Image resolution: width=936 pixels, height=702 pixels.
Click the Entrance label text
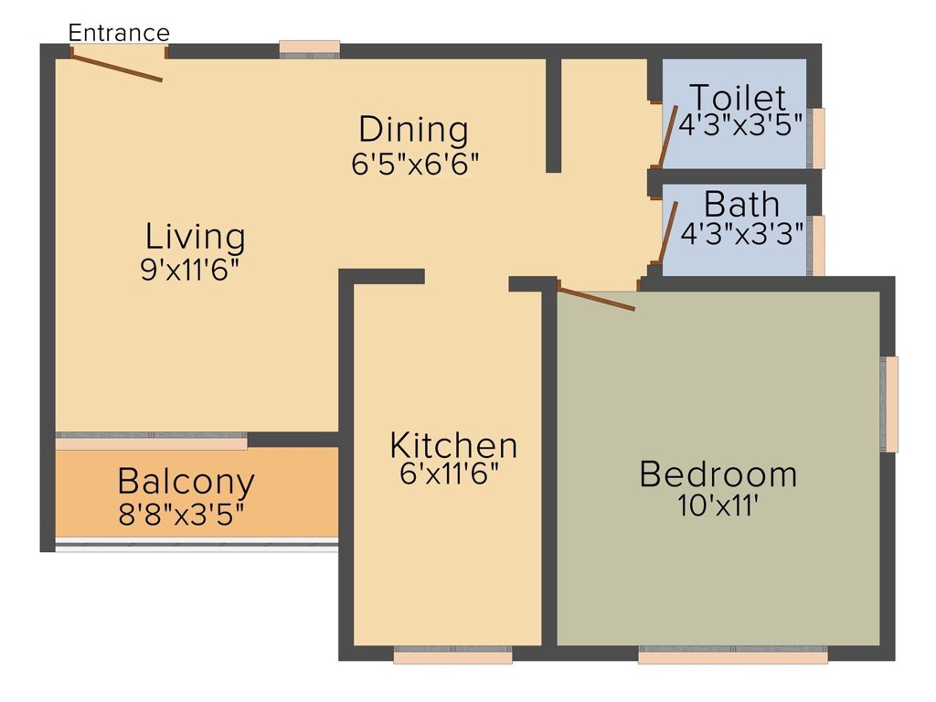tap(119, 33)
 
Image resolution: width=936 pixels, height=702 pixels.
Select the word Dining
tap(413, 130)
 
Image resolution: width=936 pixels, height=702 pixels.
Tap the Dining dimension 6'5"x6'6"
tap(415, 164)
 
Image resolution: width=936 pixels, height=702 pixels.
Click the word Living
tap(196, 237)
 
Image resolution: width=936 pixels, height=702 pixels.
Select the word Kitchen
tap(453, 445)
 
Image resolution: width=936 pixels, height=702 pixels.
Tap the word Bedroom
tap(718, 474)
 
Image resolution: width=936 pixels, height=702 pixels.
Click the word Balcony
tap(186, 480)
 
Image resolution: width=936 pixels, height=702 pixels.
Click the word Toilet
tap(737, 96)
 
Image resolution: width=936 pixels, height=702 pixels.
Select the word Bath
tap(741, 202)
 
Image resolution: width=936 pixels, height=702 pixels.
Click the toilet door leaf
tap(668, 137)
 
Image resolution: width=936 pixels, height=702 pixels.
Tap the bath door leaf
tap(668, 233)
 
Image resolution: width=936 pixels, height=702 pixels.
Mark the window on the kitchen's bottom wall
tap(452, 654)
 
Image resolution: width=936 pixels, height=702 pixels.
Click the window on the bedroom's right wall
tap(889, 404)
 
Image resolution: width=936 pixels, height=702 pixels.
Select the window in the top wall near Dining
tap(309, 48)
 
